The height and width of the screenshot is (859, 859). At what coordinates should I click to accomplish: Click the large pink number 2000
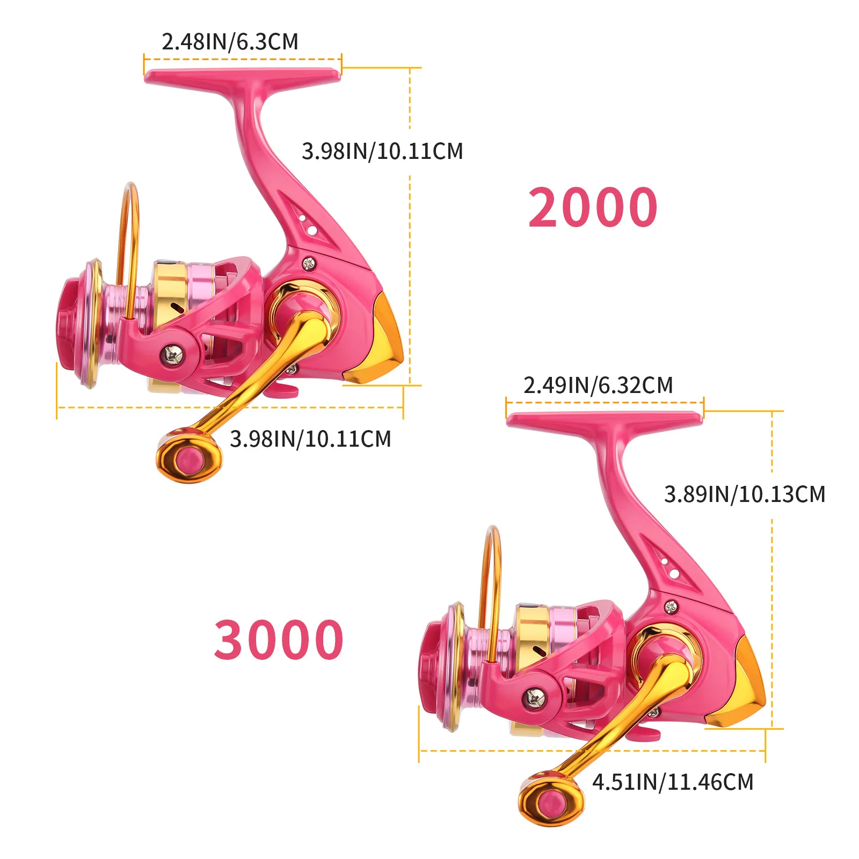tap(593, 207)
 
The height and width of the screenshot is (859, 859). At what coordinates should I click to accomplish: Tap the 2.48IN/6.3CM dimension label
tap(230, 42)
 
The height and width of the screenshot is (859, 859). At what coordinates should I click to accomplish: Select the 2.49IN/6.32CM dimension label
tap(598, 385)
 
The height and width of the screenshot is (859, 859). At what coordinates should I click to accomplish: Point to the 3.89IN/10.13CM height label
tap(745, 494)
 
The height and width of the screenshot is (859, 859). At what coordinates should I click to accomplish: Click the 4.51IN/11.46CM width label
tap(673, 782)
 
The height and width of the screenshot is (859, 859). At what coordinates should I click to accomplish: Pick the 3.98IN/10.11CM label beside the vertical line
tap(382, 151)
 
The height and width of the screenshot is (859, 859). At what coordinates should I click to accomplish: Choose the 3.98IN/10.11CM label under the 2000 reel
tap(310, 439)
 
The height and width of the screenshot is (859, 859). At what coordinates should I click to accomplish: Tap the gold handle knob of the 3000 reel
tap(551, 799)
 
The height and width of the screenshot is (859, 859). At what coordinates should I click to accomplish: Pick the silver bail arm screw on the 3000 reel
tap(534, 698)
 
